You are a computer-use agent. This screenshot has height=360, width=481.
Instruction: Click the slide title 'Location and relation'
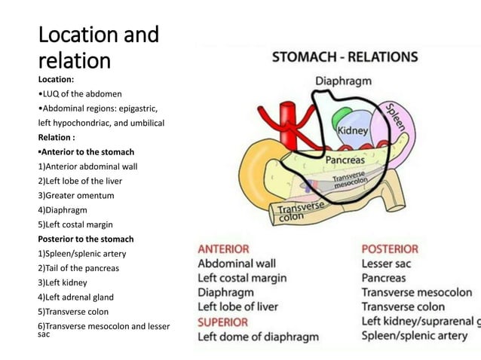pos(98,47)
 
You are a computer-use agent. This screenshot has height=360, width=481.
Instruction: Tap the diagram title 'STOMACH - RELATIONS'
pos(345,56)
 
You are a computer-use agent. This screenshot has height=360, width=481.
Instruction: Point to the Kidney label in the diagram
pos(352,130)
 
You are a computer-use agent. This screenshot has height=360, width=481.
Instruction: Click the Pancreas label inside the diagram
pos(345,160)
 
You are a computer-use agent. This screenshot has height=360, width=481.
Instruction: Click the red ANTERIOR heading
pos(224,248)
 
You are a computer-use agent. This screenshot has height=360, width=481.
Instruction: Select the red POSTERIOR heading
pos(390,248)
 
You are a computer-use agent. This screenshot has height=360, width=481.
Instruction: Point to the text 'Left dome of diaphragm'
pos(258,337)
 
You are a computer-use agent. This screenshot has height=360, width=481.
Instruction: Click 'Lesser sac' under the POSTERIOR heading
pos(387,264)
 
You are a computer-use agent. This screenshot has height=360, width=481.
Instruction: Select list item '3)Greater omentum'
pos(76,195)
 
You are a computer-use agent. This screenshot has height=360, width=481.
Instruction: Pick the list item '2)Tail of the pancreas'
pos(78,268)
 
